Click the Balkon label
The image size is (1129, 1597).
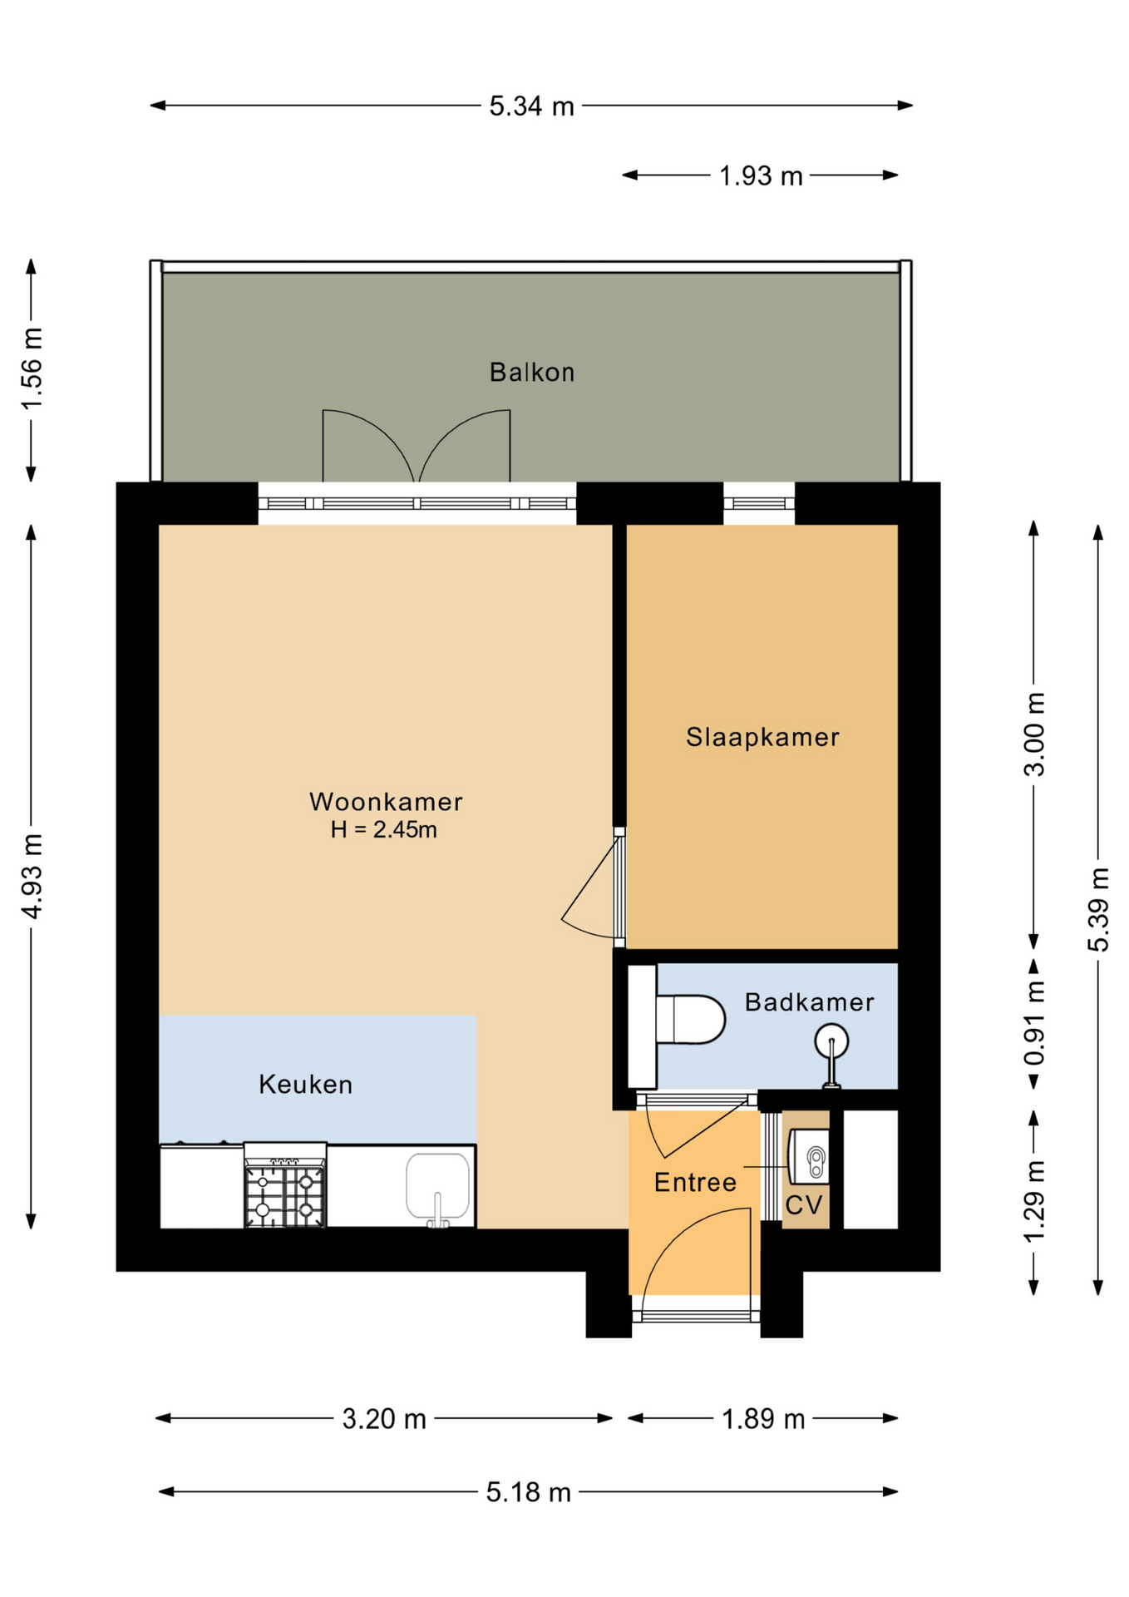532,372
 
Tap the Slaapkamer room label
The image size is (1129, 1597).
762,737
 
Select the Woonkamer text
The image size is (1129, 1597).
386,802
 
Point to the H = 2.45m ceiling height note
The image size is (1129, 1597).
383,830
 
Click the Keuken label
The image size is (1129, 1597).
306,1085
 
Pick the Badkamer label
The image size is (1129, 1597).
809,1002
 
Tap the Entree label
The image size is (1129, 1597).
695,1183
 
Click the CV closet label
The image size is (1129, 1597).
804,1205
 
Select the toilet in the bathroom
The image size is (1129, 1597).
690,1020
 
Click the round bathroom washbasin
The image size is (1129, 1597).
831,1041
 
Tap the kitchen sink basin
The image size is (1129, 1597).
438,1185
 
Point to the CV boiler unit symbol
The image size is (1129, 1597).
809,1155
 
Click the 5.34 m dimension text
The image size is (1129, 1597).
531,106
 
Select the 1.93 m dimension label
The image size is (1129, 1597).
761,176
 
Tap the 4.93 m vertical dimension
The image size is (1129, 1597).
32,876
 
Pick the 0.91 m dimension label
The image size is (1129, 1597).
1034,1023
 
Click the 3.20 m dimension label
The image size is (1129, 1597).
384,1419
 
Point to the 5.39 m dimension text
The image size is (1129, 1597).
1098,909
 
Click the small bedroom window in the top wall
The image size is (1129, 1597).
759,503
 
